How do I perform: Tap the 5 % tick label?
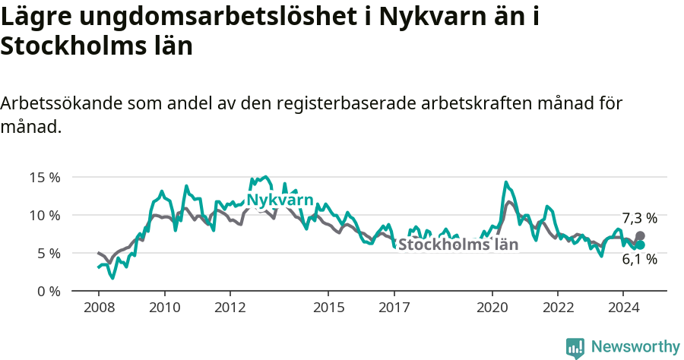click(x=48, y=253)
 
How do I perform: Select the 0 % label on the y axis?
click(x=48, y=291)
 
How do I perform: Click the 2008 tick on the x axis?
click(x=99, y=308)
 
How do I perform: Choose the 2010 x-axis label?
click(x=164, y=308)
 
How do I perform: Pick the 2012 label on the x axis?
click(x=230, y=308)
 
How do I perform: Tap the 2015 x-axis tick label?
click(x=328, y=308)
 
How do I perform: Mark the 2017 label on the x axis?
click(x=394, y=308)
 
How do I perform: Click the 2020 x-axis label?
click(x=492, y=308)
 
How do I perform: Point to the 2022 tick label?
click(x=557, y=308)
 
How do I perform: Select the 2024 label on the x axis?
click(x=622, y=308)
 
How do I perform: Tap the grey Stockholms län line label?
click(x=458, y=245)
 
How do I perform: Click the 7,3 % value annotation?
click(x=639, y=218)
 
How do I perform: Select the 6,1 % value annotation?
click(x=639, y=260)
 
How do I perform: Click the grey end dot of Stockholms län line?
click(x=640, y=236)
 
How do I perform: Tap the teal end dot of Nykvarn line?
click(x=640, y=245)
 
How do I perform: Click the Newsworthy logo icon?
click(x=575, y=347)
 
